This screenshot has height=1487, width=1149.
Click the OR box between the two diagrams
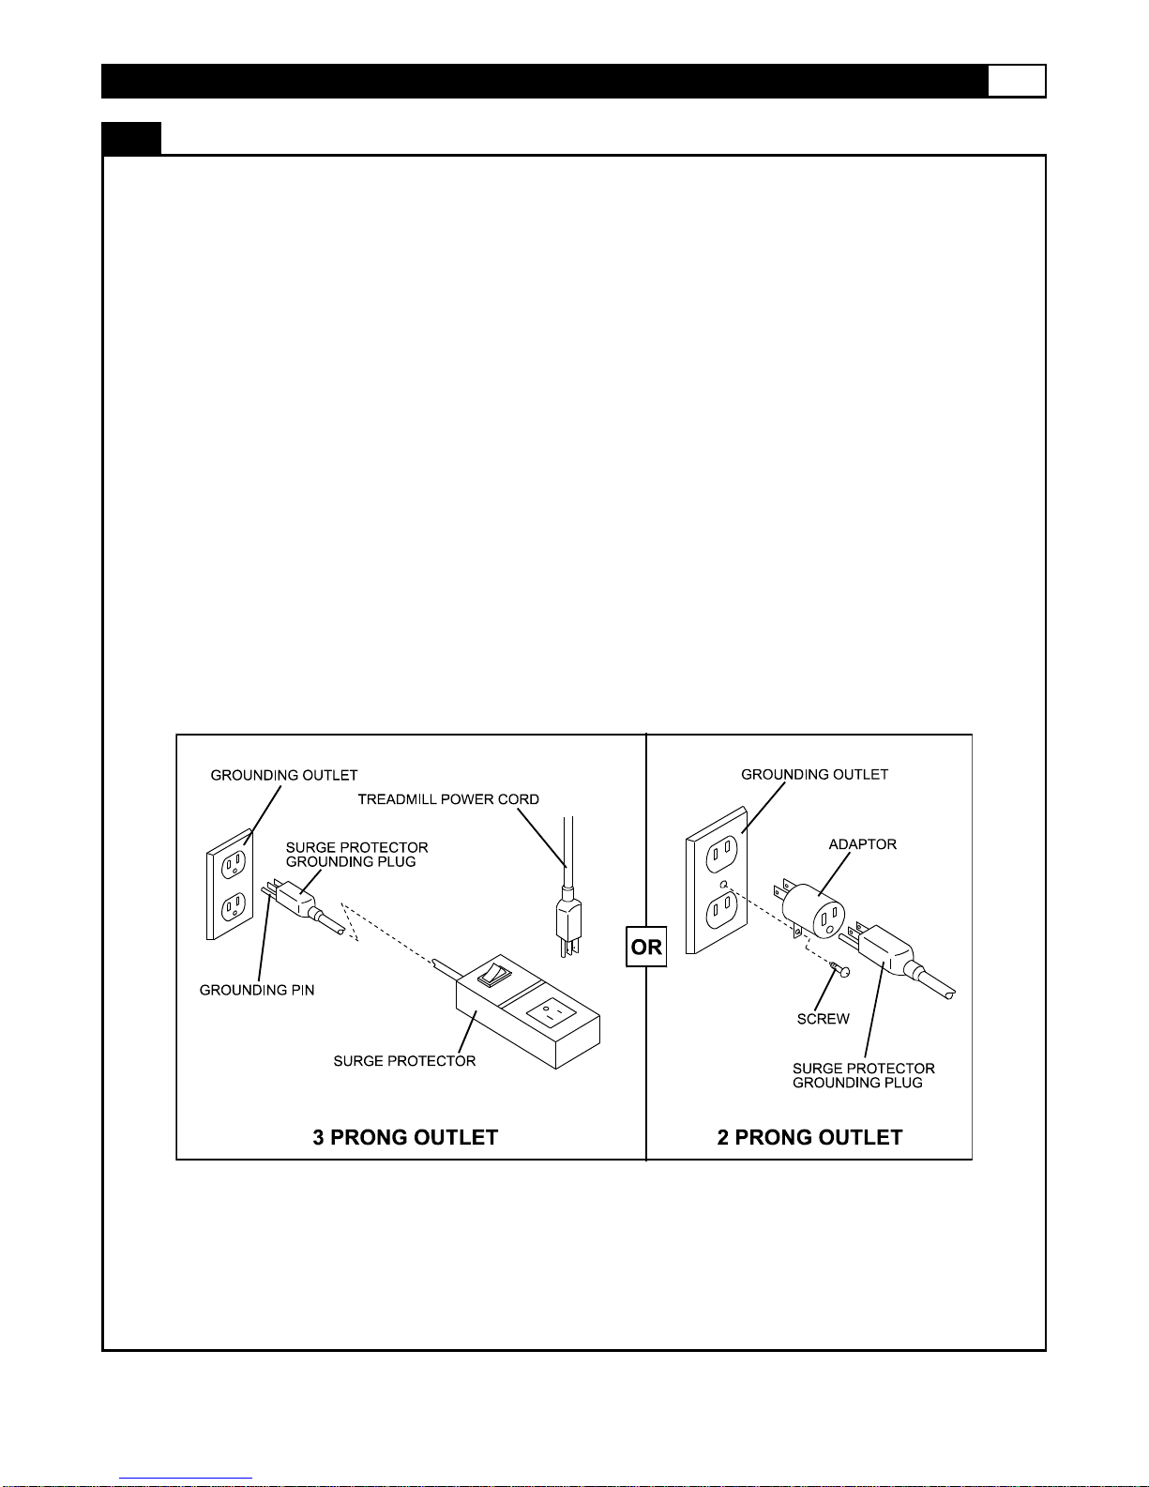(645, 947)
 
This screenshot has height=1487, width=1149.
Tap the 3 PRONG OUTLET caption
(405, 1137)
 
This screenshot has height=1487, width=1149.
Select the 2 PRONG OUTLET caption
(809, 1137)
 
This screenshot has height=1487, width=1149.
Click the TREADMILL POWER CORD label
(448, 799)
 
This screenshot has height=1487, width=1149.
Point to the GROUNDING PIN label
(256, 990)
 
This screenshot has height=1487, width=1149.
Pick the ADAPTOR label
(862, 844)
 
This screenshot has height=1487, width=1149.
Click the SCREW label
(823, 1019)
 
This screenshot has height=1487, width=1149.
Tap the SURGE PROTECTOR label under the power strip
(404, 1061)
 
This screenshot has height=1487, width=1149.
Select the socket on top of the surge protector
(551, 1012)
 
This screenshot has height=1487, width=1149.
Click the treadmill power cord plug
(569, 921)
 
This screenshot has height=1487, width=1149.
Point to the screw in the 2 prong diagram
(839, 969)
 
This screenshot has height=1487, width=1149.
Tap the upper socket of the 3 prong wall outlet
(234, 864)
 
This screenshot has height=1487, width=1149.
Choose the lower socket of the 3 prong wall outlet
(234, 908)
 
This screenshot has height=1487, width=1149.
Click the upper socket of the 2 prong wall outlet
(721, 853)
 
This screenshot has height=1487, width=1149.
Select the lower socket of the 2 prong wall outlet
(721, 910)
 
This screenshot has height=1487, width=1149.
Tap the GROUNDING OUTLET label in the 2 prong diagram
(814, 775)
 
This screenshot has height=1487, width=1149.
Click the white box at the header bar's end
(1017, 81)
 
